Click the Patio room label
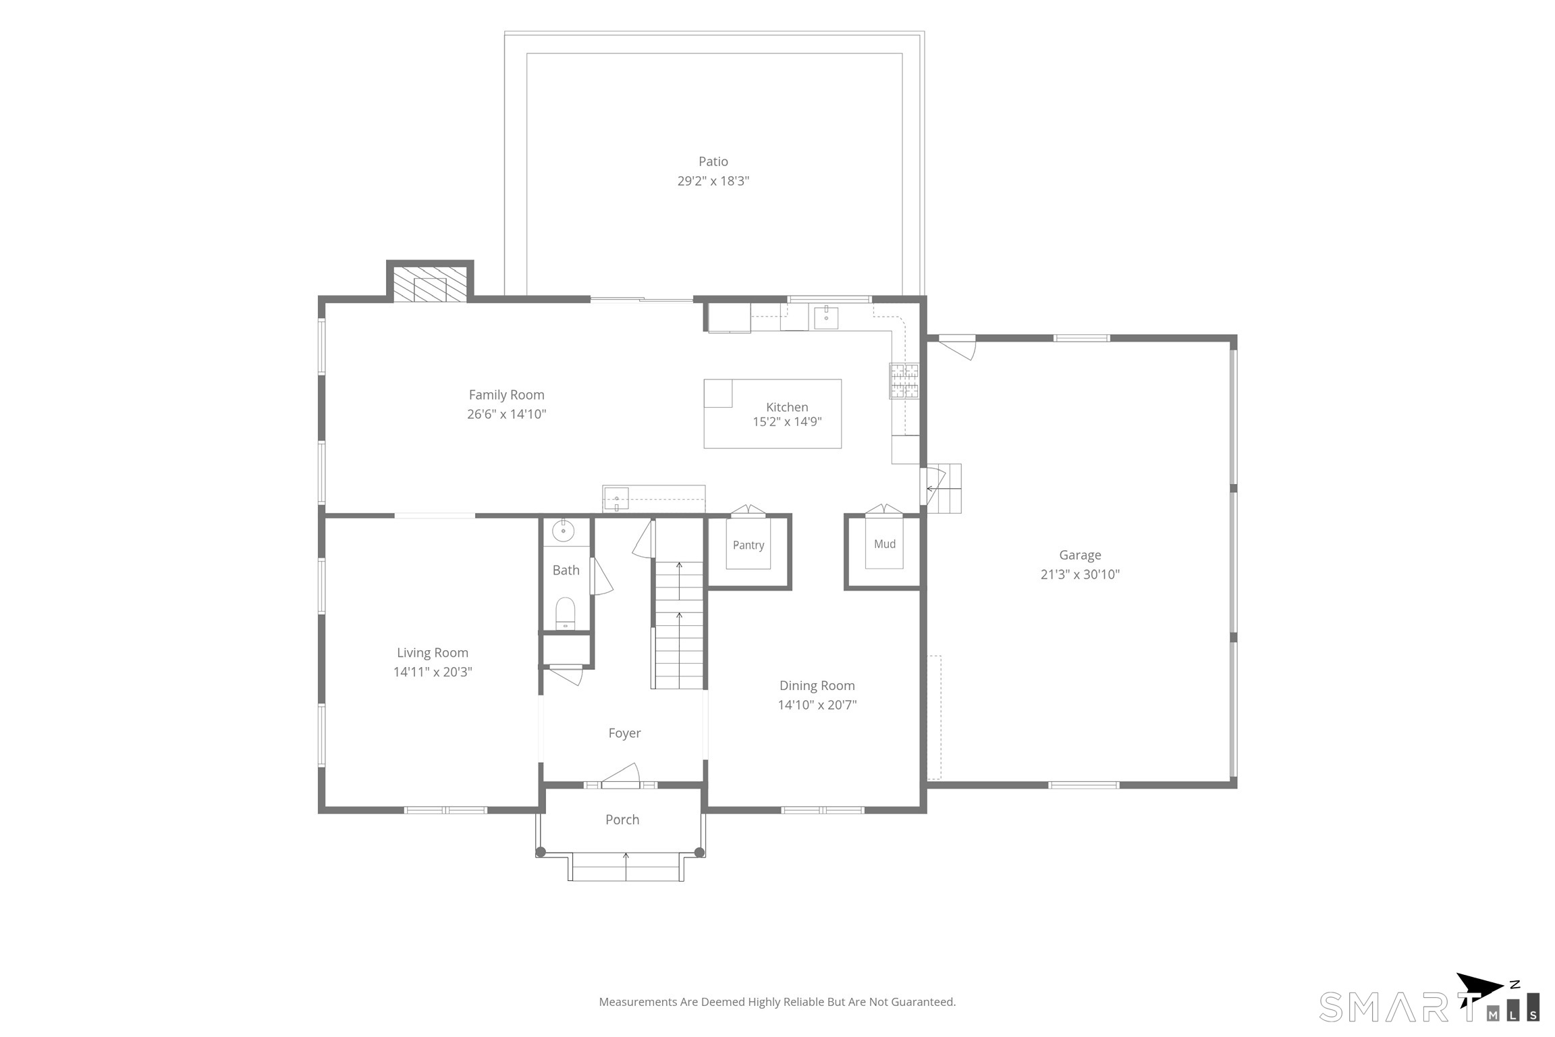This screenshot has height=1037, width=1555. [713, 161]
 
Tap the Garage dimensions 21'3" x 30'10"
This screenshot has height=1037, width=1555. [1080, 574]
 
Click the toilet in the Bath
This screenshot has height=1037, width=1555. [565, 613]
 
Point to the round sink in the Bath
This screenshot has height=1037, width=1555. [563, 531]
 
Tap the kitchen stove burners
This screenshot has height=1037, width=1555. [904, 381]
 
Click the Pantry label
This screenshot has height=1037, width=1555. [748, 545]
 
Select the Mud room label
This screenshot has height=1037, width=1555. [885, 543]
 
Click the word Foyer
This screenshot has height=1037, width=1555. [624, 733]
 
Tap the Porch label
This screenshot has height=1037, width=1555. [622, 820]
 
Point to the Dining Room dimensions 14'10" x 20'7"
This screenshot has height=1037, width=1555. [817, 705]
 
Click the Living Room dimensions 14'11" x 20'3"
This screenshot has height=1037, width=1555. [433, 672]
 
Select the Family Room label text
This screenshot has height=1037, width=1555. [506, 395]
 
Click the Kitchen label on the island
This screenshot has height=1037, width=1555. [787, 407]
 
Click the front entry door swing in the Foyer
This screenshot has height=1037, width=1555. [621, 775]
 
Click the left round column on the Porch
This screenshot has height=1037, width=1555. [541, 852]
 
